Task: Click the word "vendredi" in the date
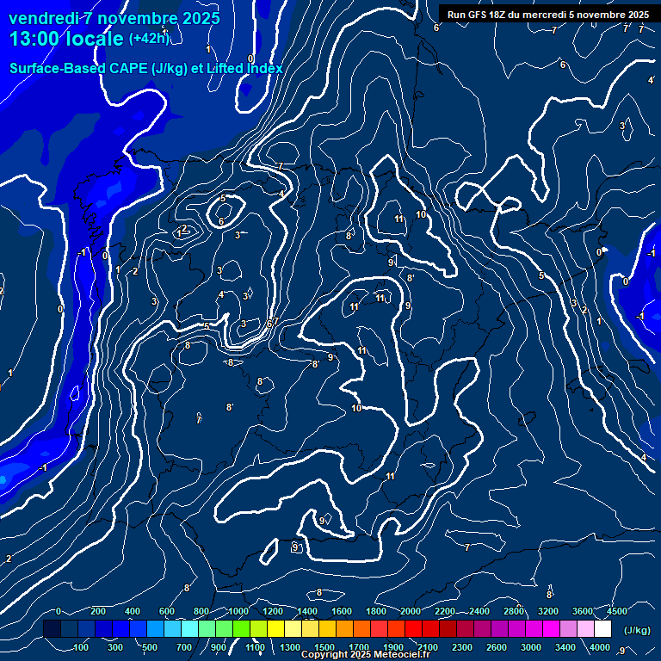(42, 18)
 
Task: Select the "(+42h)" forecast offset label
(149, 39)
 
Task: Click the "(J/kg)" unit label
(636, 631)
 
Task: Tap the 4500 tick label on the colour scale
(617, 611)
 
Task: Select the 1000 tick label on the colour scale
(238, 611)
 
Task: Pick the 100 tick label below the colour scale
(82, 647)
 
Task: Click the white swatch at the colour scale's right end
(602, 629)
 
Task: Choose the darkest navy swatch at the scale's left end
(52, 629)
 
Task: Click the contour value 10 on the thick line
(356, 408)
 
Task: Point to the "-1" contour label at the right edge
(651, 253)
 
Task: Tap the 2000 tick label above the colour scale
(411, 611)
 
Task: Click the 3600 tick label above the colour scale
(583, 611)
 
